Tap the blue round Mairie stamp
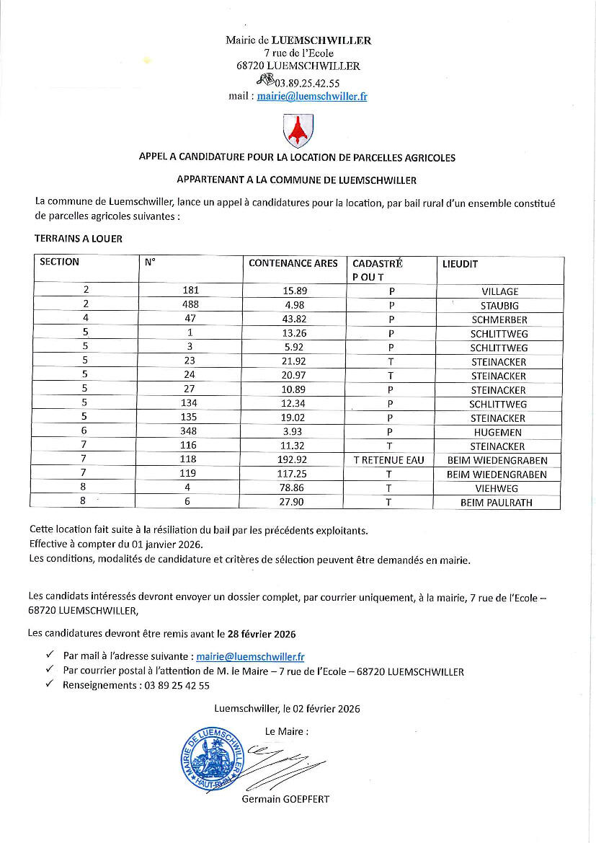pyautogui.click(x=211, y=756)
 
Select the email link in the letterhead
pyautogui.click(x=311, y=97)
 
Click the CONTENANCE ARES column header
pyautogui.click(x=293, y=263)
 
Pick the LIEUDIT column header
pyautogui.click(x=460, y=264)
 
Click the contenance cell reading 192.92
pyautogui.click(x=295, y=460)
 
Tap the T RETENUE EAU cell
pyautogui.click(x=389, y=460)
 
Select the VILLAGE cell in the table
pyautogui.click(x=499, y=291)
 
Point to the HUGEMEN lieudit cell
pyautogui.click(x=499, y=432)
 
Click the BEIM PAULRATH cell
pyautogui.click(x=497, y=503)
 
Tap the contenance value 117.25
pyautogui.click(x=295, y=475)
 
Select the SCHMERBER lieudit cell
pyautogui.click(x=499, y=319)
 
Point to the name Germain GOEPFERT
pyautogui.click(x=285, y=799)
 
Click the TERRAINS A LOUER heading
pyautogui.click(x=78, y=238)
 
